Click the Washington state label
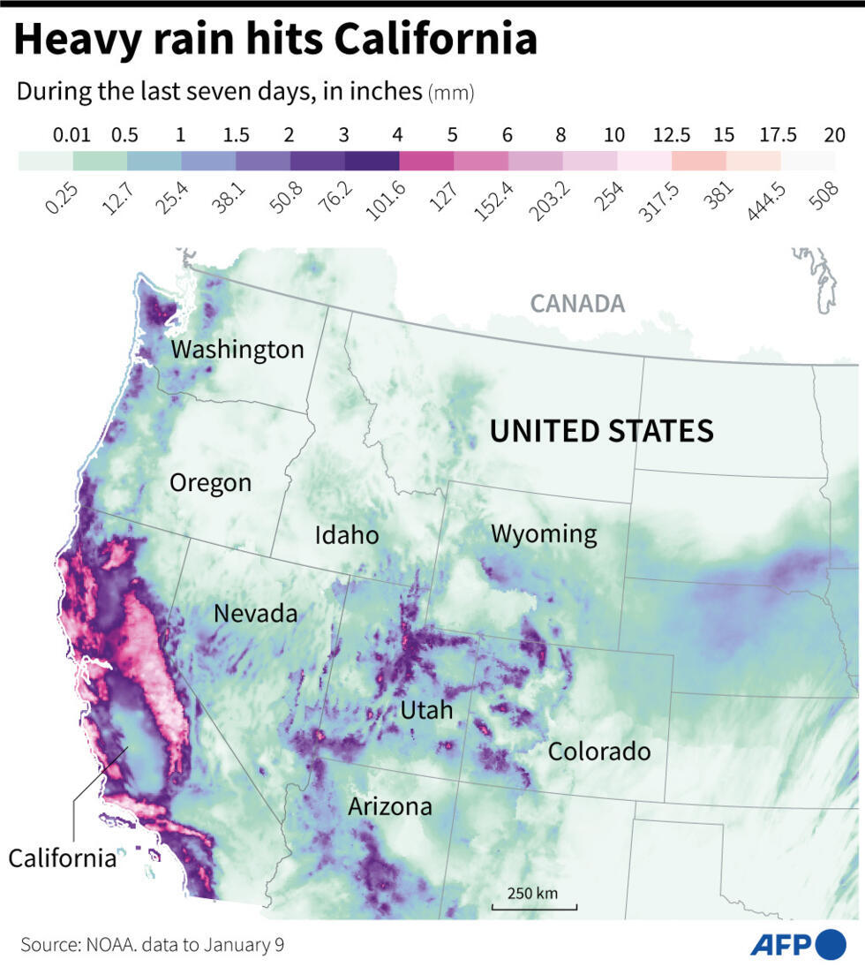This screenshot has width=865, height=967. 237,350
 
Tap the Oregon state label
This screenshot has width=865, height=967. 210,483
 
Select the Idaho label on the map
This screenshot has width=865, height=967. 347,535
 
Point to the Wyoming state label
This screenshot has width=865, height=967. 544,533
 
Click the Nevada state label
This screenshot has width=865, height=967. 255,613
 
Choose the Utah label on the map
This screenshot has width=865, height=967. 426,710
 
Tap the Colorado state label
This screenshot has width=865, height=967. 599,752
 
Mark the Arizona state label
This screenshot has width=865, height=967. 389,806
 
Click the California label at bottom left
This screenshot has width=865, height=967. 63,857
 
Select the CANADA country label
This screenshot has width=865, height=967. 577,304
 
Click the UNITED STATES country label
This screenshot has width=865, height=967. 601,431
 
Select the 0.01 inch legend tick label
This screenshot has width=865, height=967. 71,135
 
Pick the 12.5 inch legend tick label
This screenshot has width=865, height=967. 671,135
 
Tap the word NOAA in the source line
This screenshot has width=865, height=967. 111,945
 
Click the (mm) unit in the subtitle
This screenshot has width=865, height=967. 452,94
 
